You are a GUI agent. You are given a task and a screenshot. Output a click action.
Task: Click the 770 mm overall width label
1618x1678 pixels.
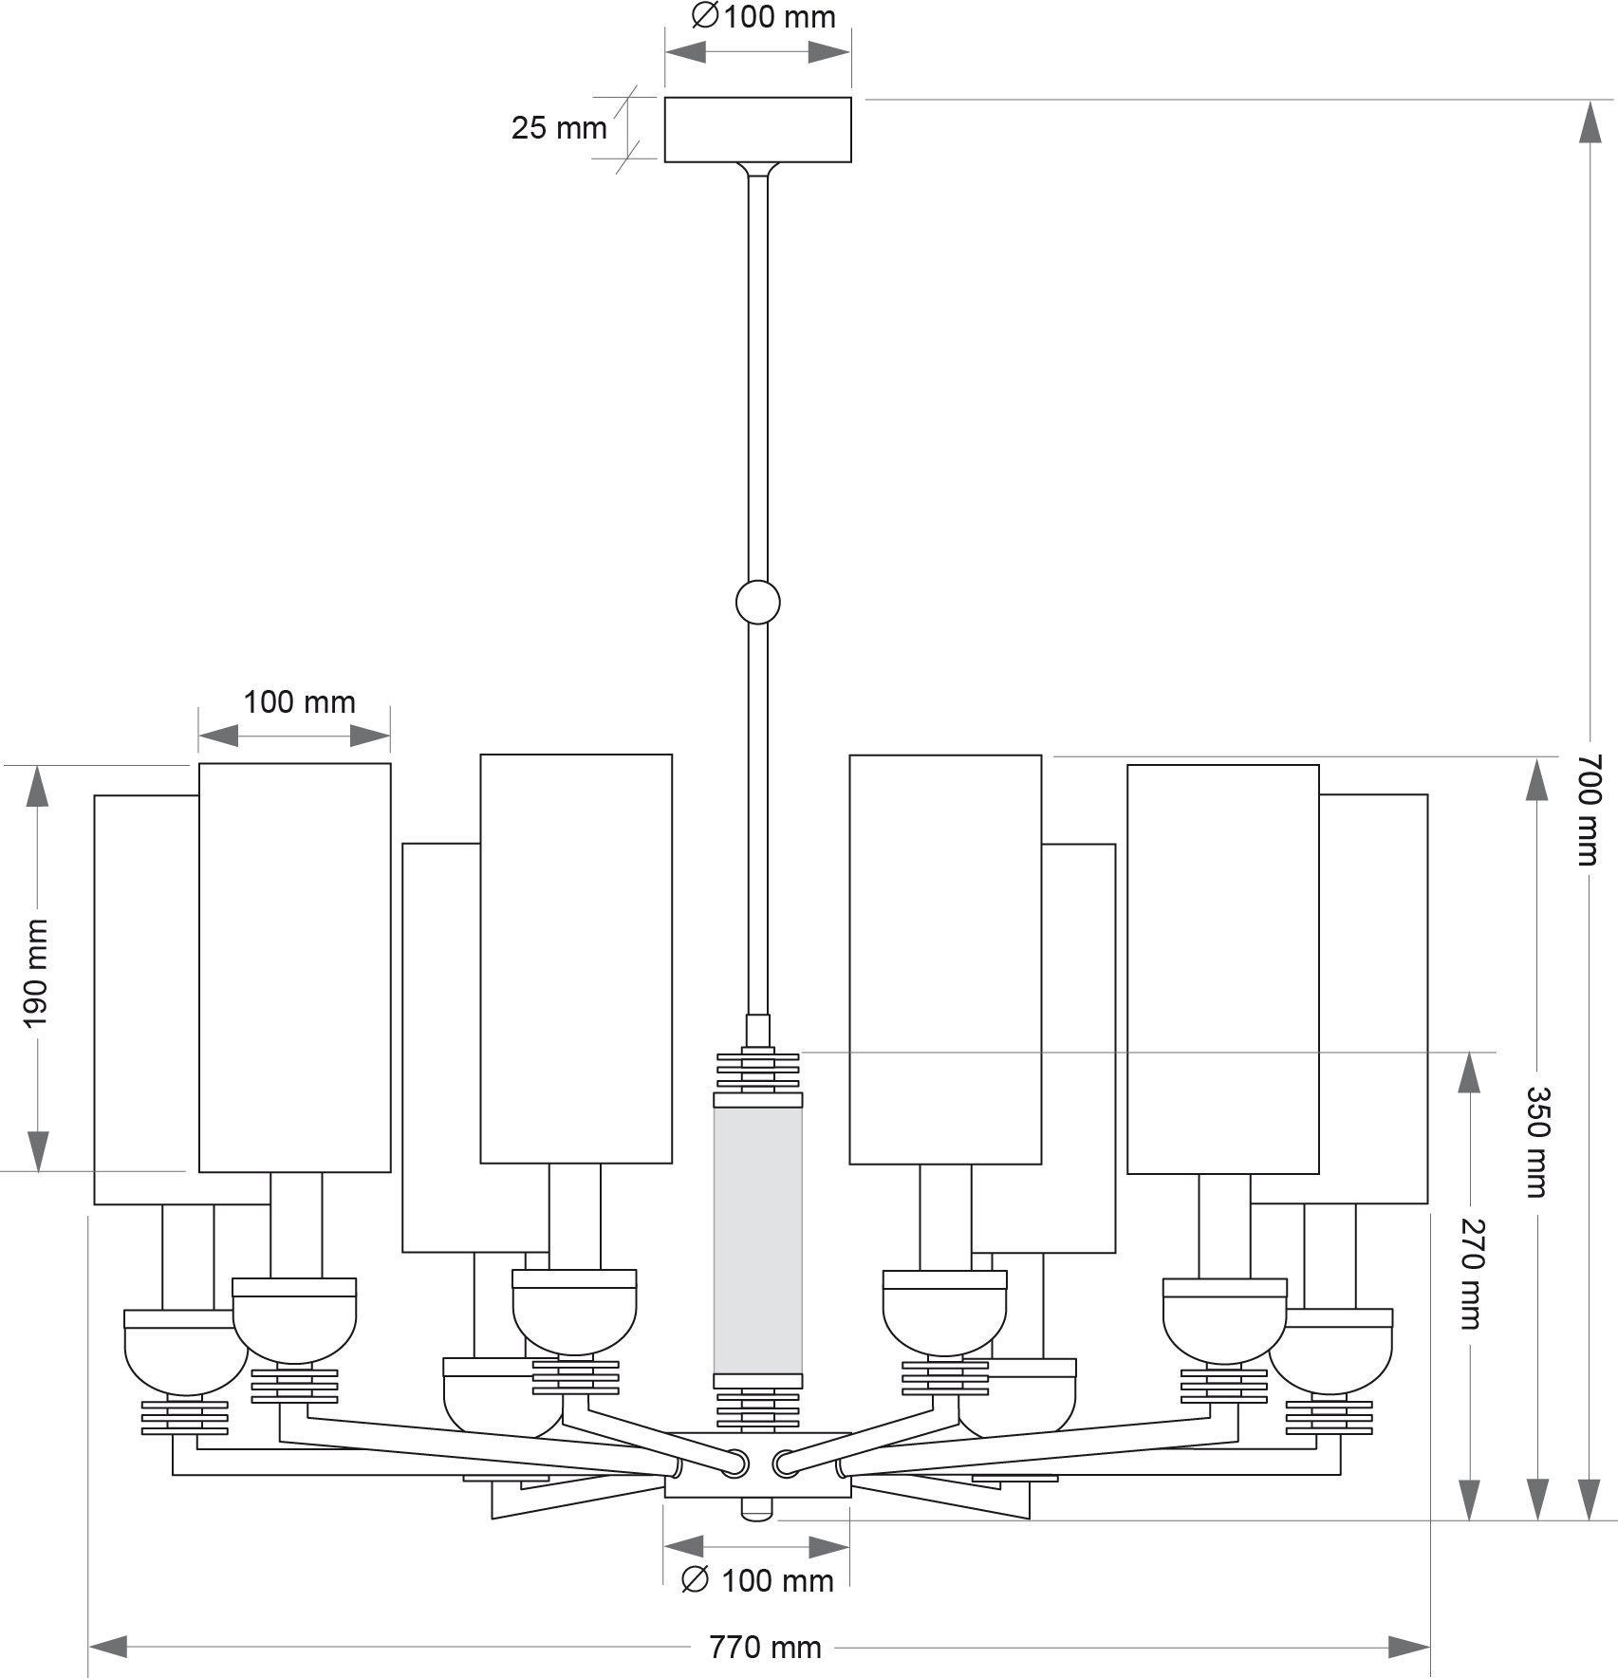coord(765,1647)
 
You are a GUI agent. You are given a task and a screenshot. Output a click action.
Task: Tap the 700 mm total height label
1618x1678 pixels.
coord(1590,810)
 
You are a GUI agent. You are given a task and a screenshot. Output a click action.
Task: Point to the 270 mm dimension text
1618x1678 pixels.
coord(1470,1274)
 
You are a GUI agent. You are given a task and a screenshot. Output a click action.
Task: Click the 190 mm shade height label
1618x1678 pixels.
coord(35,973)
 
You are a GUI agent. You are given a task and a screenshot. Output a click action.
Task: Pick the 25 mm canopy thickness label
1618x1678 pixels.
coord(558,127)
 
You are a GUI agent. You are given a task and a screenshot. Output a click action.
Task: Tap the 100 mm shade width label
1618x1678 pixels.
coord(299,702)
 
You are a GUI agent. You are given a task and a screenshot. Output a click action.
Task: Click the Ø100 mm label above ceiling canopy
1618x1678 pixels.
coord(764,17)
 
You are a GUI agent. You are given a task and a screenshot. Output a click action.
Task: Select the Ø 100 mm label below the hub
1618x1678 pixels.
coord(758,1580)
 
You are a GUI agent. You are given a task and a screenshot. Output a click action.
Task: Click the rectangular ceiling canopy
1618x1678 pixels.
coord(757,130)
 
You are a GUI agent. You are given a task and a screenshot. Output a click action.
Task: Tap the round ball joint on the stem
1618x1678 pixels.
coord(758,602)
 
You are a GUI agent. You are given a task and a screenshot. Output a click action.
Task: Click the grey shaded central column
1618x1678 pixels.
coord(758,1240)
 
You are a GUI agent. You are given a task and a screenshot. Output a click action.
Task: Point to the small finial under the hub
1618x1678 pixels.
coord(757,1508)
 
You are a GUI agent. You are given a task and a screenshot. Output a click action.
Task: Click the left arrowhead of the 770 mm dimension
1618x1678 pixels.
coord(107,1647)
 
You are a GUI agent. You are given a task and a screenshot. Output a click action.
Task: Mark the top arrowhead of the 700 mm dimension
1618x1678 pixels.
coord(1590,121)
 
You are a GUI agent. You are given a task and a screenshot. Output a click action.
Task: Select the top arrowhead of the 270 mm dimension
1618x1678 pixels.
coord(1469,1072)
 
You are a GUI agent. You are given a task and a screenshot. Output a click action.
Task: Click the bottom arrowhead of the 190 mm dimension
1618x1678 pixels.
coord(37,1151)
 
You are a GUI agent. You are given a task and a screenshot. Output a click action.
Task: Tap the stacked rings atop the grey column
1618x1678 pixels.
coord(758,1070)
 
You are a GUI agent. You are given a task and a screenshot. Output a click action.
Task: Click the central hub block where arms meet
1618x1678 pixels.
coord(757,1464)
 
